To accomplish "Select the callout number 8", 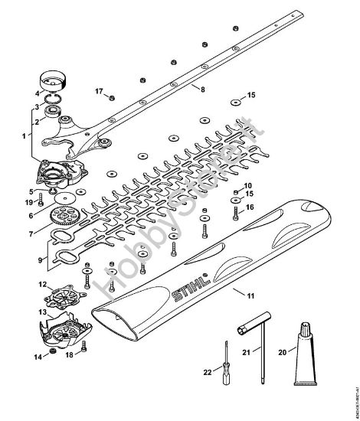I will coord(202,90).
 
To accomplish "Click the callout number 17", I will coord(98,91).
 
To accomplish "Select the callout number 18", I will coord(68,356).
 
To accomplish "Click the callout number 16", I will coord(249,207).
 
